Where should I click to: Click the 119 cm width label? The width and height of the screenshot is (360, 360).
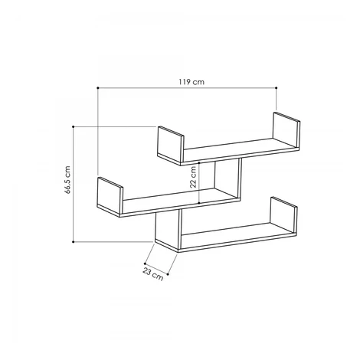click(191, 82)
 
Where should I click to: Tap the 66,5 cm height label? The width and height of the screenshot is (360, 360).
click(67, 180)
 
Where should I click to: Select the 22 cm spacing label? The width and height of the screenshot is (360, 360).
click(193, 177)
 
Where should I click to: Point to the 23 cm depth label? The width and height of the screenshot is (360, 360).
click(152, 273)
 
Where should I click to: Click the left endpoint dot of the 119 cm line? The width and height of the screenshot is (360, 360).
click(98, 88)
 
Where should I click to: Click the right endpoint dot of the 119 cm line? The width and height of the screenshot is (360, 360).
click(277, 88)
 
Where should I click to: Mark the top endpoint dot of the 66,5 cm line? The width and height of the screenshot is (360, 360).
click(74, 126)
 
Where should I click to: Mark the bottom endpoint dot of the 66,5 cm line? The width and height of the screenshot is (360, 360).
click(74, 241)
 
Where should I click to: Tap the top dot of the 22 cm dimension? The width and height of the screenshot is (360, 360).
click(199, 162)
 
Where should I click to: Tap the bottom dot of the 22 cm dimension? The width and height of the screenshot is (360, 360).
click(199, 203)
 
